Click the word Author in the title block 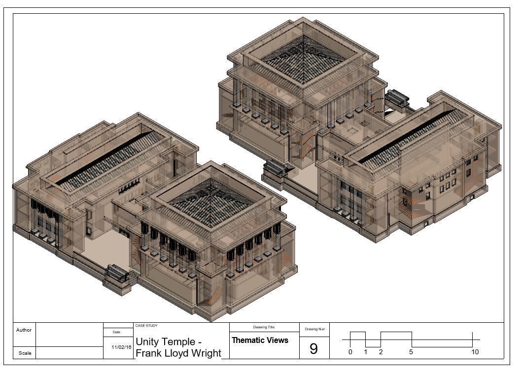24,330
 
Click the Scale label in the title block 25,353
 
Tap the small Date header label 116,332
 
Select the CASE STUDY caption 146,326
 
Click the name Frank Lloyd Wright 178,353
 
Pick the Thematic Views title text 260,340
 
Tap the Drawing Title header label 264,327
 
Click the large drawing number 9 313,349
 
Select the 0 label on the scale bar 350,352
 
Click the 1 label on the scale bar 365,352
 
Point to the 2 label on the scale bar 381,352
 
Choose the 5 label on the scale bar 411,352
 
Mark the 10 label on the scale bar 475,352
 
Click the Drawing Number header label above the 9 314,329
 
